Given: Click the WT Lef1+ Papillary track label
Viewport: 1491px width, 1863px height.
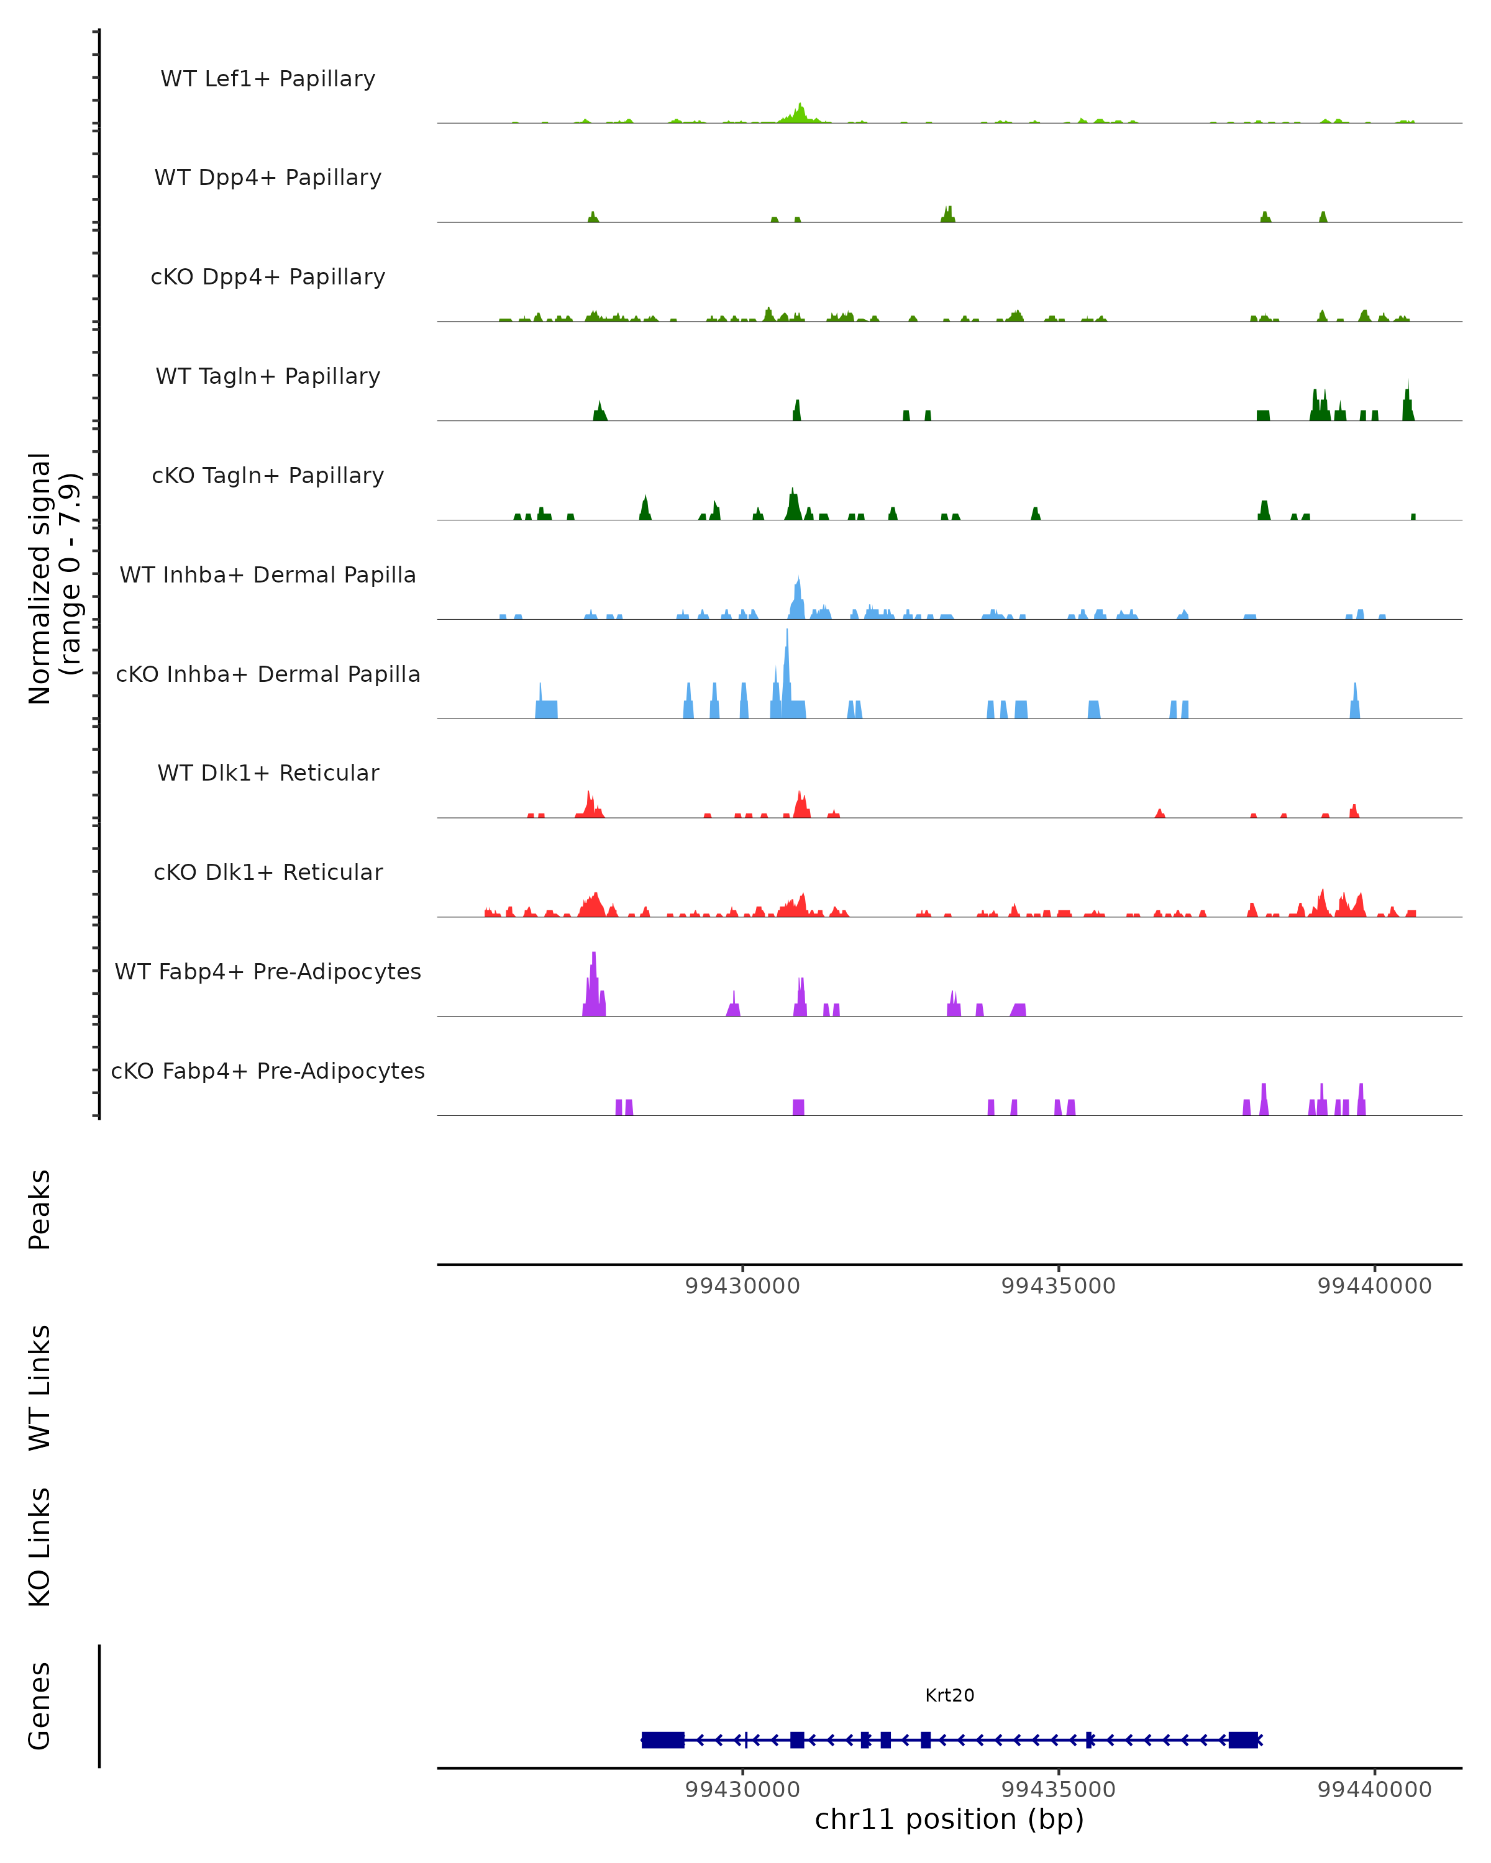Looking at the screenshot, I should click(268, 79).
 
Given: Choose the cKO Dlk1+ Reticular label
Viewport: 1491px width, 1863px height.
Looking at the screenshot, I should click(268, 872).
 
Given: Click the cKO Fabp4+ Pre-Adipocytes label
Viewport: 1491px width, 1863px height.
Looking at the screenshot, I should click(268, 1071).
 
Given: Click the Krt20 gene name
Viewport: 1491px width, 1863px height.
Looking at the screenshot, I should click(949, 1695).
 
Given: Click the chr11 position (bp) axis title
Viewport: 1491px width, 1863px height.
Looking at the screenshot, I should click(949, 1819).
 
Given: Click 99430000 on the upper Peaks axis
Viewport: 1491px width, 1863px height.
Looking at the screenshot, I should click(742, 1286).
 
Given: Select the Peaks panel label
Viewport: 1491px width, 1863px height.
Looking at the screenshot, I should click(40, 1209).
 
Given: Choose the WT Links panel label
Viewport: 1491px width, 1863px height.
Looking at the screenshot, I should click(40, 1387).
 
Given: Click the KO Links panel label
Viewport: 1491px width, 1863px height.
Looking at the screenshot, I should click(40, 1548).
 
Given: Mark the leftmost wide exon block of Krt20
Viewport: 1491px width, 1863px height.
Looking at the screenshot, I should click(663, 1739).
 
